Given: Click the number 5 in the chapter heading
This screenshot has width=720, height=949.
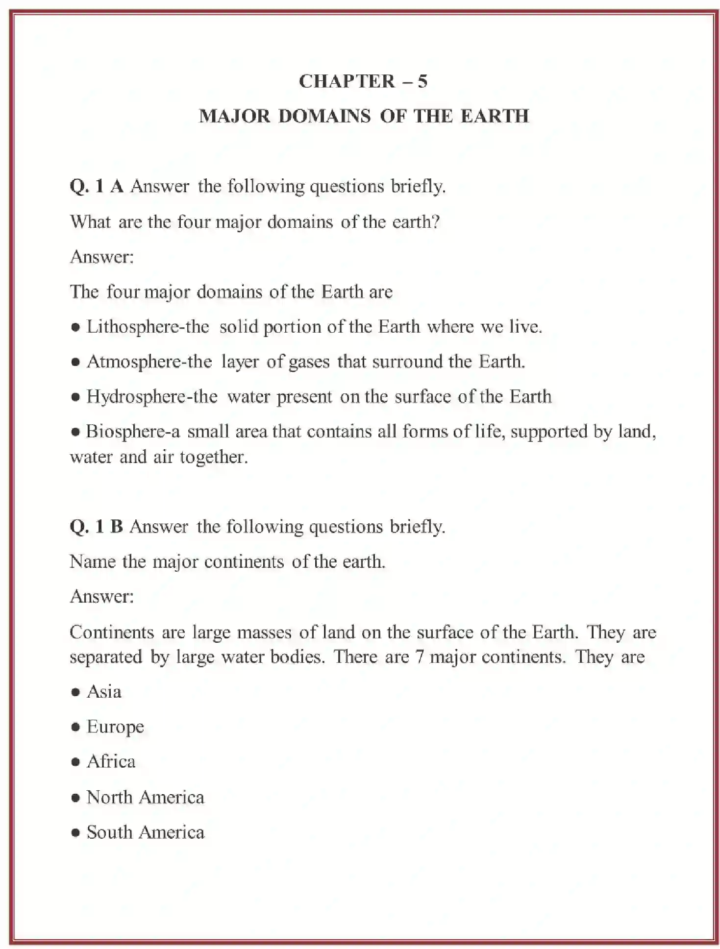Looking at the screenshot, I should [422, 81].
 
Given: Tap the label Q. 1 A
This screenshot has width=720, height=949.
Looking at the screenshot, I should [96, 187].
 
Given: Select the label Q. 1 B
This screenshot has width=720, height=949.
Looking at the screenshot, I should [96, 527].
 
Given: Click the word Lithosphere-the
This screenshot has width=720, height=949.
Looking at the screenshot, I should [148, 327].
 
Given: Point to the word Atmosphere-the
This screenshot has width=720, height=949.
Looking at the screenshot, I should [149, 362].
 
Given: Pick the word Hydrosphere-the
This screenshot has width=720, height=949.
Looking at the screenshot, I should [152, 396].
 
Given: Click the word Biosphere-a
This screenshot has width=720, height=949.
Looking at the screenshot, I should [133, 432].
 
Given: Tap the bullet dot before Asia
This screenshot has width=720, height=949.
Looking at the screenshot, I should [75, 692].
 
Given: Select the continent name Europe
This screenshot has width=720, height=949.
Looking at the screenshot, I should [115, 727].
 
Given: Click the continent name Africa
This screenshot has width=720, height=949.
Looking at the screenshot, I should [111, 762].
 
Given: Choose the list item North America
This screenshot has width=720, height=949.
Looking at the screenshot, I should [145, 797].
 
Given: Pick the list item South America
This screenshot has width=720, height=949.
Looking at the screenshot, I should [145, 832].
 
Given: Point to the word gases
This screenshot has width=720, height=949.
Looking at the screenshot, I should [309, 362].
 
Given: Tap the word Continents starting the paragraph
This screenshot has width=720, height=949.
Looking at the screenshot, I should [112, 632].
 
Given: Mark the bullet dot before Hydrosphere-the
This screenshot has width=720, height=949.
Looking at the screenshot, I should [75, 397].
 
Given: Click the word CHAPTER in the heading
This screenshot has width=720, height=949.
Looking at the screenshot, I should [347, 81].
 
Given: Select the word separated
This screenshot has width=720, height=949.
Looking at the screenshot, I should [105, 657].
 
